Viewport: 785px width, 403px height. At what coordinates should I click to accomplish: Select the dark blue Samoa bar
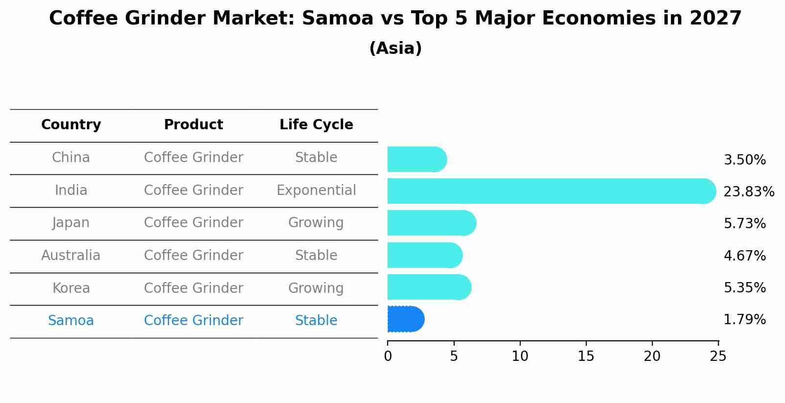pos(405,319)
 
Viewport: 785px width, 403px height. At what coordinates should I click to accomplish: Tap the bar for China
pos(416,159)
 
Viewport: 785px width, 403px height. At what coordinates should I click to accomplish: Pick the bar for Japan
pos(431,223)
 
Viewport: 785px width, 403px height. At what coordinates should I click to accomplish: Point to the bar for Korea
pos(429,287)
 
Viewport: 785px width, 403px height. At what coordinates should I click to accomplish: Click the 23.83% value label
pos(748,191)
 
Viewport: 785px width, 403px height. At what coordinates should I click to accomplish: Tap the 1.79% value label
pos(744,320)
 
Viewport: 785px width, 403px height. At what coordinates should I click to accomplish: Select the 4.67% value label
pos(744,256)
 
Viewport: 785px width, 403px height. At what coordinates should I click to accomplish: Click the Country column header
pos(71,125)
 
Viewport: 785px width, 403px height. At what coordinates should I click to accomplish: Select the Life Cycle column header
pos(316,125)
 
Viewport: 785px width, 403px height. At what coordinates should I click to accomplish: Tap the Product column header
pos(193,125)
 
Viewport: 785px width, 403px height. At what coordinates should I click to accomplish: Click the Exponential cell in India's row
pos(316,190)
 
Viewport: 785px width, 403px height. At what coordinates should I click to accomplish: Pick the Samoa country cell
pos(71,321)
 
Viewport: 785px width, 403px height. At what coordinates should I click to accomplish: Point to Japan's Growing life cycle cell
pos(316,223)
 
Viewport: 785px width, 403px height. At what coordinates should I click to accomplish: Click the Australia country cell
pos(71,256)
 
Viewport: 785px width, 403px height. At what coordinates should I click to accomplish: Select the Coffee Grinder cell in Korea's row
pos(193,288)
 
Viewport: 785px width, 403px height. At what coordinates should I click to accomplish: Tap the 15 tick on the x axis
pos(586,356)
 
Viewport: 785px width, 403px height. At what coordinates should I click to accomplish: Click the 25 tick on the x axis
pos(718,356)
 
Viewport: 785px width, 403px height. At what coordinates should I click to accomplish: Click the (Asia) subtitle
pos(395,48)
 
